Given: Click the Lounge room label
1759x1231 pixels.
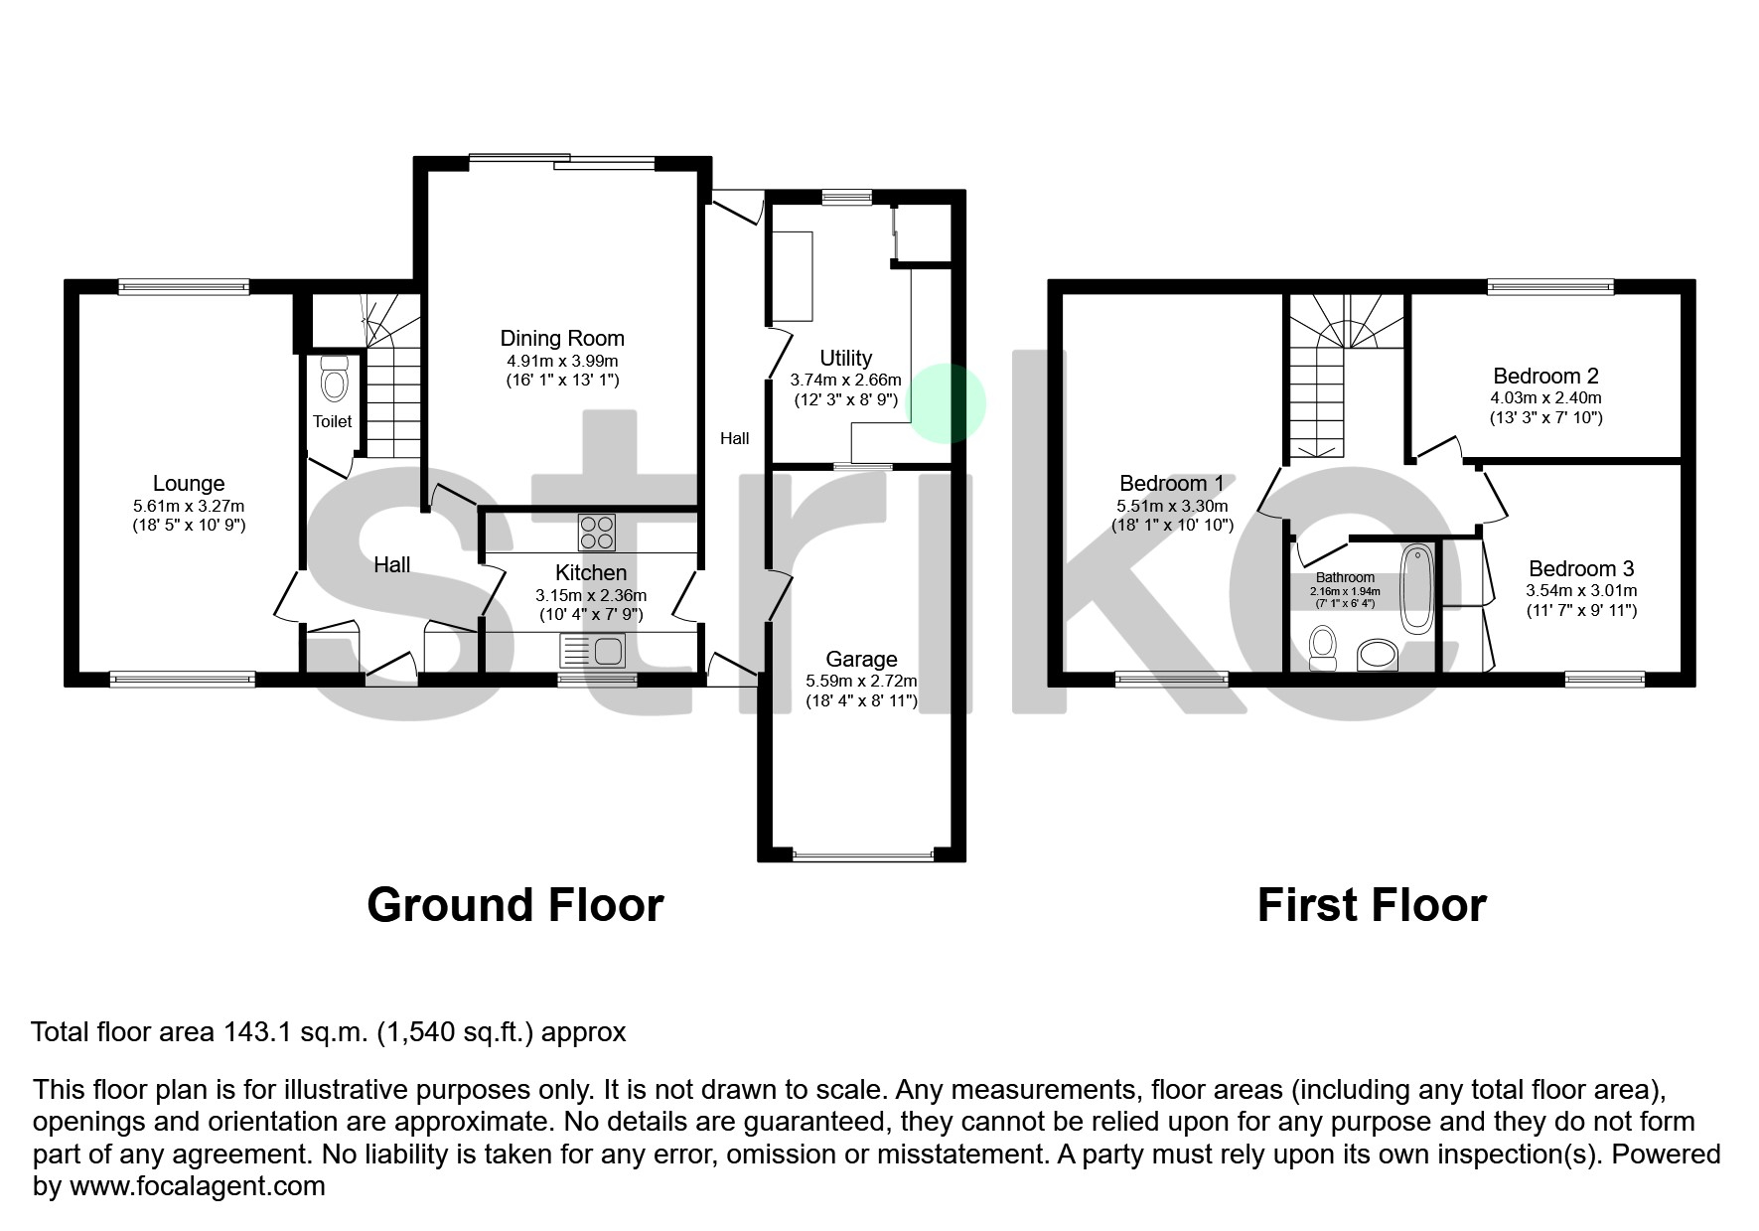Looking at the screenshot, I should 188,484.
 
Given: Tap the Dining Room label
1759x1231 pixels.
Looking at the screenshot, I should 561,339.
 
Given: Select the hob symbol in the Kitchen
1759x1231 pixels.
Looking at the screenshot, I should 596,532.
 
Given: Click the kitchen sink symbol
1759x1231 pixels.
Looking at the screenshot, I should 593,652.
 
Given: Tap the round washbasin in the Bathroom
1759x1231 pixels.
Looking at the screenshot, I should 1377,654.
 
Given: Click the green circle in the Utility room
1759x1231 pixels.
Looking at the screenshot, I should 949,402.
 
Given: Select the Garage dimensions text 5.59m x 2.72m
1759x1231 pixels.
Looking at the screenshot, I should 861,682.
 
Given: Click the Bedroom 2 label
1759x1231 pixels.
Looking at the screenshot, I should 1545,377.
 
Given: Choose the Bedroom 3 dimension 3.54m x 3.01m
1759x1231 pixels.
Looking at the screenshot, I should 1581,590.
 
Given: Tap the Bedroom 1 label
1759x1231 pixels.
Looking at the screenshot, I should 1171,484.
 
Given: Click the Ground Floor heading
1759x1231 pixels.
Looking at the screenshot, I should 514,905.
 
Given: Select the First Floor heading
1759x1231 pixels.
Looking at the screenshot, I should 1371,905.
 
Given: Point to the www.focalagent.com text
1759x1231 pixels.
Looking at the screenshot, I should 197,1186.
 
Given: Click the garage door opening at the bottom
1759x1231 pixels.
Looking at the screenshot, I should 862,853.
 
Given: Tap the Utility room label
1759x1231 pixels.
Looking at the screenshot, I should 845,358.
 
